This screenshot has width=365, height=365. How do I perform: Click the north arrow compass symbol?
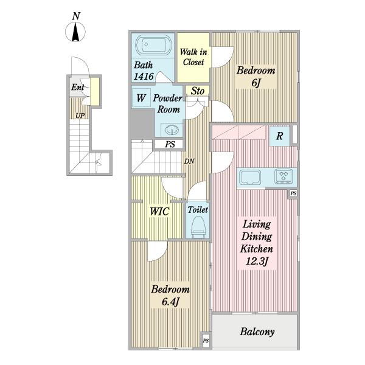[75, 32]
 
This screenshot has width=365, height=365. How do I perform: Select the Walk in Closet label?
[193, 57]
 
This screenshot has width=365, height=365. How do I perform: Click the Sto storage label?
[197, 91]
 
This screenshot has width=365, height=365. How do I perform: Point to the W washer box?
[141, 98]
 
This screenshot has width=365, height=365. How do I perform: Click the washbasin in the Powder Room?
[172, 130]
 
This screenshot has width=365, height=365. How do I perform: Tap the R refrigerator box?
[279, 136]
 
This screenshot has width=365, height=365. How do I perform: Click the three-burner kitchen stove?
[283, 176]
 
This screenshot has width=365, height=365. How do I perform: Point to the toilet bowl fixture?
[198, 226]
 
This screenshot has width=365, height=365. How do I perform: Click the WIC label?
[159, 212]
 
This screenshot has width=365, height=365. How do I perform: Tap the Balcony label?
[257, 332]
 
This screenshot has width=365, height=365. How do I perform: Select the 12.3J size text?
[257, 262]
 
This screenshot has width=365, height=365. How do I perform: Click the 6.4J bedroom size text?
[170, 302]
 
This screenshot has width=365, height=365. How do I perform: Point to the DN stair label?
[189, 161]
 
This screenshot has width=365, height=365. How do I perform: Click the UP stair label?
[80, 116]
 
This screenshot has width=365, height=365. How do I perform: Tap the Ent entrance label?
[78, 87]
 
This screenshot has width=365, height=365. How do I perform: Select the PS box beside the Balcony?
[206, 341]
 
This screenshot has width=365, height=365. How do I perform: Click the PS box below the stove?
[293, 193]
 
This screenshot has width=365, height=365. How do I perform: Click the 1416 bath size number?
[144, 76]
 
